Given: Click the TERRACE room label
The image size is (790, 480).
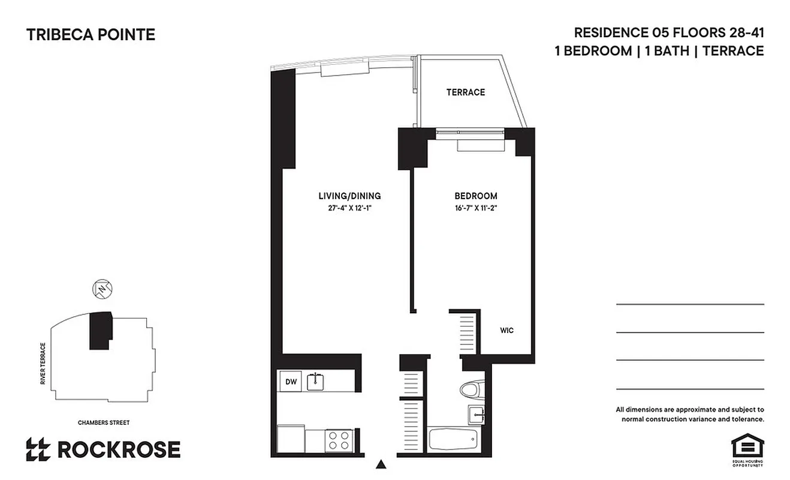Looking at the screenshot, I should point(465,92).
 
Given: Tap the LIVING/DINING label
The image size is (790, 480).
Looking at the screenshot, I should point(349,196).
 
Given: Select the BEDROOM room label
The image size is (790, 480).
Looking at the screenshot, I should point(475,196).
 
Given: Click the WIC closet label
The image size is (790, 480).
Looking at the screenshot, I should point(507,331).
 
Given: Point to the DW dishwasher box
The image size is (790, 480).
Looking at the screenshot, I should point(291,381).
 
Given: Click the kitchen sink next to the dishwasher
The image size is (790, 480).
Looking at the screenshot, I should point(316,381).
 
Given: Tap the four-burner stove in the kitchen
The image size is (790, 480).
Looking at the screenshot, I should point(338,440).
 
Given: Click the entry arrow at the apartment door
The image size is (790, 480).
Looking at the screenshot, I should point(381,464).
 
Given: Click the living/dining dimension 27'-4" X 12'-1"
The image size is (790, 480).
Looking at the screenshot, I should point(349,208).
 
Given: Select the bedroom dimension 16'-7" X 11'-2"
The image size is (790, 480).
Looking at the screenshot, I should point(475,208).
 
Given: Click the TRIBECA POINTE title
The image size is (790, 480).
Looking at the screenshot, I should point(91,35).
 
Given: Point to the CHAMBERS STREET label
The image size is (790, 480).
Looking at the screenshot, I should point(104,422).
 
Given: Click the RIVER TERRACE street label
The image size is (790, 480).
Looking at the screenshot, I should point(43,364).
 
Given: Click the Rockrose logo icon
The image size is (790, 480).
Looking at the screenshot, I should point(38,449).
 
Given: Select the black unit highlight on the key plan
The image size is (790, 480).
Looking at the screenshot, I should point(100,330).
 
